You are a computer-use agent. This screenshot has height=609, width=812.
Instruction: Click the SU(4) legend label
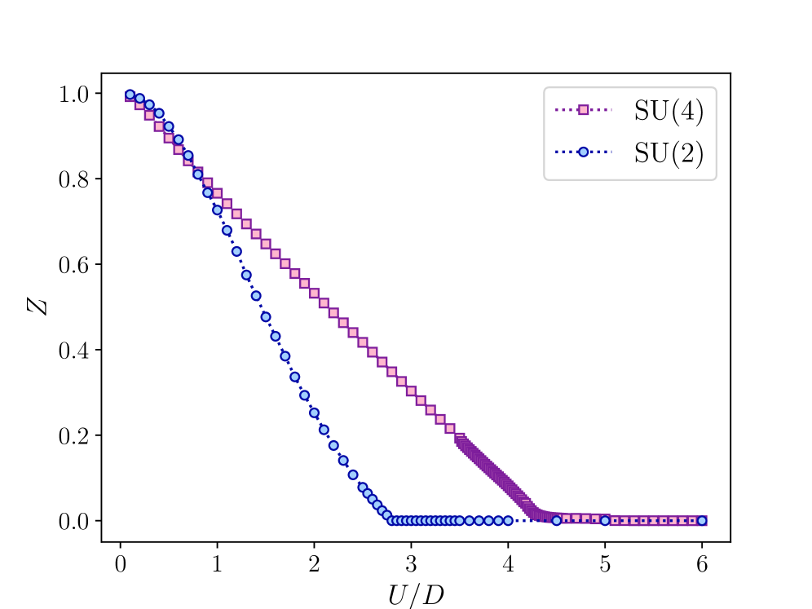pyautogui.click(x=669, y=112)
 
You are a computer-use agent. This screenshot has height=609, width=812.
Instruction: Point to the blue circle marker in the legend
pyautogui.click(x=583, y=152)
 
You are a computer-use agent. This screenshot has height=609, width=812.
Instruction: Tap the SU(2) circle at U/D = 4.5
pyautogui.click(x=556, y=520)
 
